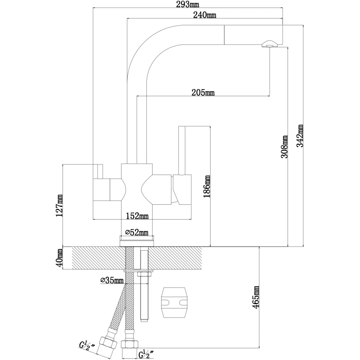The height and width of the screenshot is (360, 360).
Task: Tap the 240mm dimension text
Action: point(204,15)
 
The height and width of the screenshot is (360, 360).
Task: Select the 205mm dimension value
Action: point(202,93)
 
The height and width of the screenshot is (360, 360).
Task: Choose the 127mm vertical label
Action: point(59,206)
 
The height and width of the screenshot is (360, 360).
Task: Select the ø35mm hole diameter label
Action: point(111,281)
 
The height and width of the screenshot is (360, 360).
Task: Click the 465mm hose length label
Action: point(256,297)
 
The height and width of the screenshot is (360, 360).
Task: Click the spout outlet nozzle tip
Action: point(269,44)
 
